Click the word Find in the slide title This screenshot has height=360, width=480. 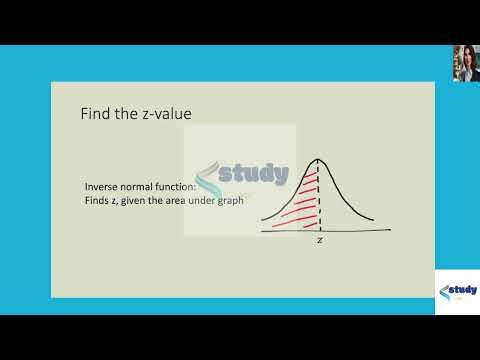[x=94, y=115]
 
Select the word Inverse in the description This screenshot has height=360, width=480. [x=100, y=187]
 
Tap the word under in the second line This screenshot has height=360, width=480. [x=204, y=201]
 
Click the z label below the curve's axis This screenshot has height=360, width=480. [x=319, y=241]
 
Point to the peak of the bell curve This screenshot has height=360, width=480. [x=319, y=160]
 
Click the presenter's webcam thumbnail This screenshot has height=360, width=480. [x=464, y=62]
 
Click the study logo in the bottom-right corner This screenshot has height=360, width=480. [x=457, y=292]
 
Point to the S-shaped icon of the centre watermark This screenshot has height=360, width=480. [x=210, y=180]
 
